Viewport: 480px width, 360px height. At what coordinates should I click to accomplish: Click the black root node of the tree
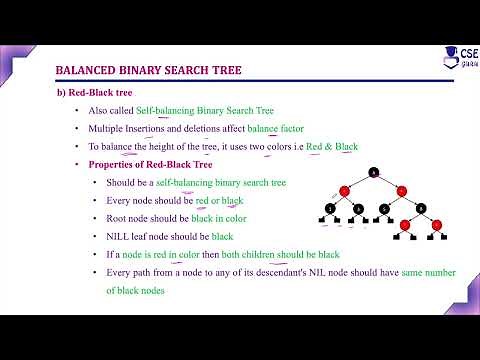[374, 172]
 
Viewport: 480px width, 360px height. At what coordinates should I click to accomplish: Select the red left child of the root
[344, 190]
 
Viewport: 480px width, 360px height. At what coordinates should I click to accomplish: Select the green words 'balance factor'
[276, 128]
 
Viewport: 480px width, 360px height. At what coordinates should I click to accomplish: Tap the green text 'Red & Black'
[331, 146]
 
